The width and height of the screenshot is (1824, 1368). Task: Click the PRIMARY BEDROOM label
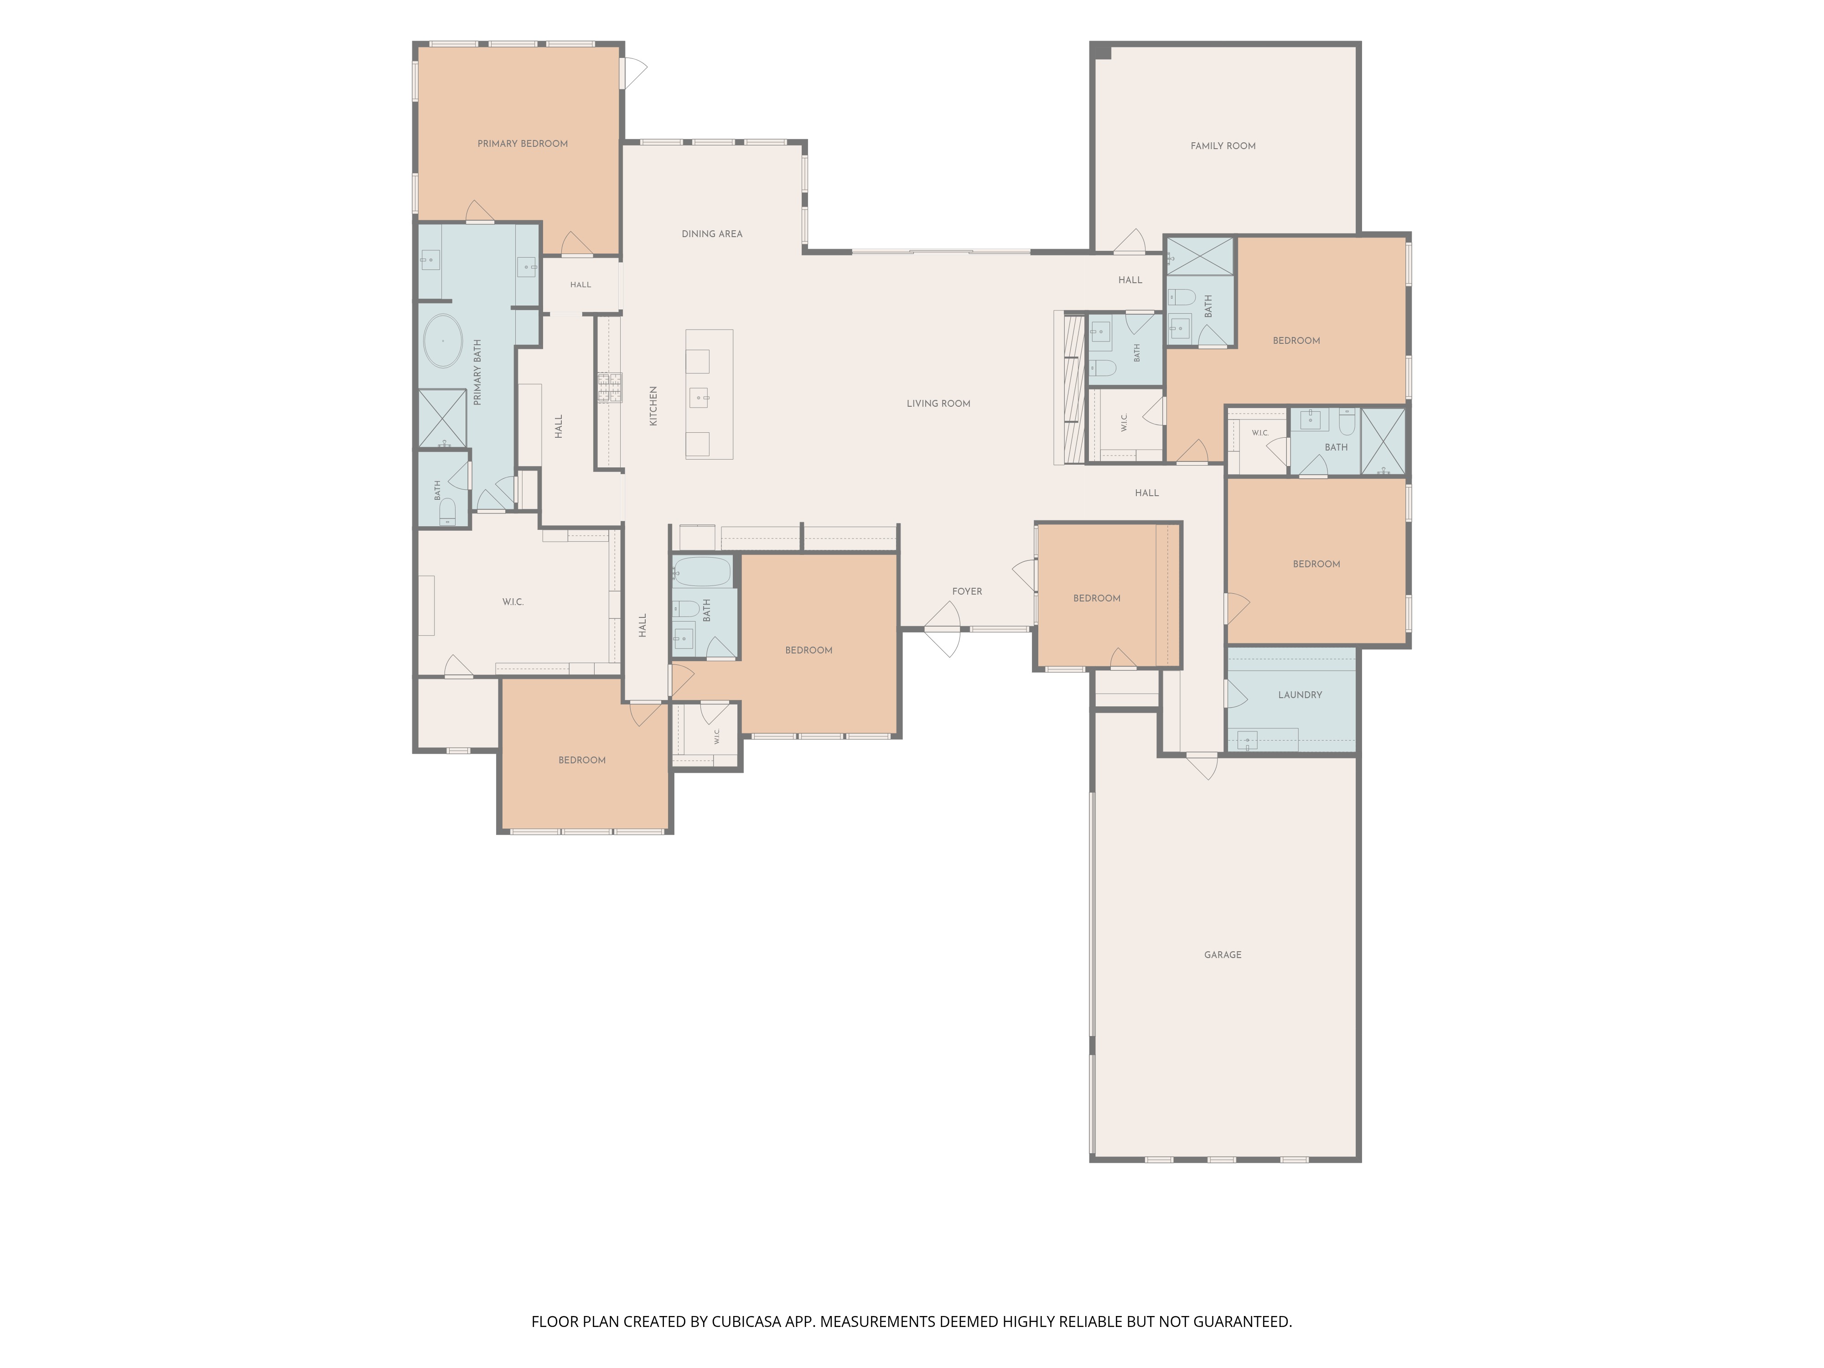pyautogui.click(x=523, y=144)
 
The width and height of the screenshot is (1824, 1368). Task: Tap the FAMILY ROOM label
pyautogui.click(x=1223, y=146)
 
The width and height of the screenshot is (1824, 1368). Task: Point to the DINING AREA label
pyautogui.click(x=712, y=234)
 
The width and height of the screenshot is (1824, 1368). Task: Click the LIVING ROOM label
pyautogui.click(x=938, y=403)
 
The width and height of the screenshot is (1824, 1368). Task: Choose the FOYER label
pyautogui.click(x=967, y=591)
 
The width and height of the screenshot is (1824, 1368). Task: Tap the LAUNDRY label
pyautogui.click(x=1300, y=695)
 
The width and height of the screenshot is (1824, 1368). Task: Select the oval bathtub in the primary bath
pyautogui.click(x=444, y=341)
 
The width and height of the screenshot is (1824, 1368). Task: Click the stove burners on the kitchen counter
pyautogui.click(x=610, y=388)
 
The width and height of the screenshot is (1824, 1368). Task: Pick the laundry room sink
pyautogui.click(x=1248, y=741)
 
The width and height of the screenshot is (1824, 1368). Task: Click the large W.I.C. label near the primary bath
pyautogui.click(x=513, y=602)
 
